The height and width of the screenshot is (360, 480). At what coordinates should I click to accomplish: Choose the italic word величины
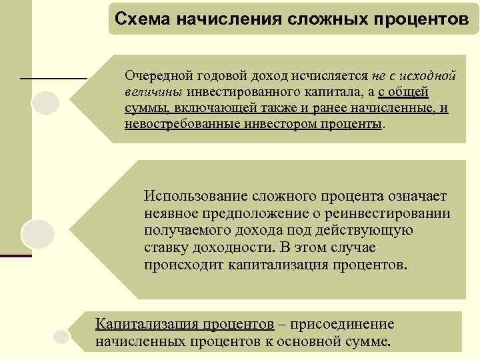tap(153, 91)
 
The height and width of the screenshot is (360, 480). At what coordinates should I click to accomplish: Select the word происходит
tap(181, 265)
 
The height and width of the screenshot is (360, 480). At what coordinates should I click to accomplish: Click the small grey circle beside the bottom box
tap(61, 337)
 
